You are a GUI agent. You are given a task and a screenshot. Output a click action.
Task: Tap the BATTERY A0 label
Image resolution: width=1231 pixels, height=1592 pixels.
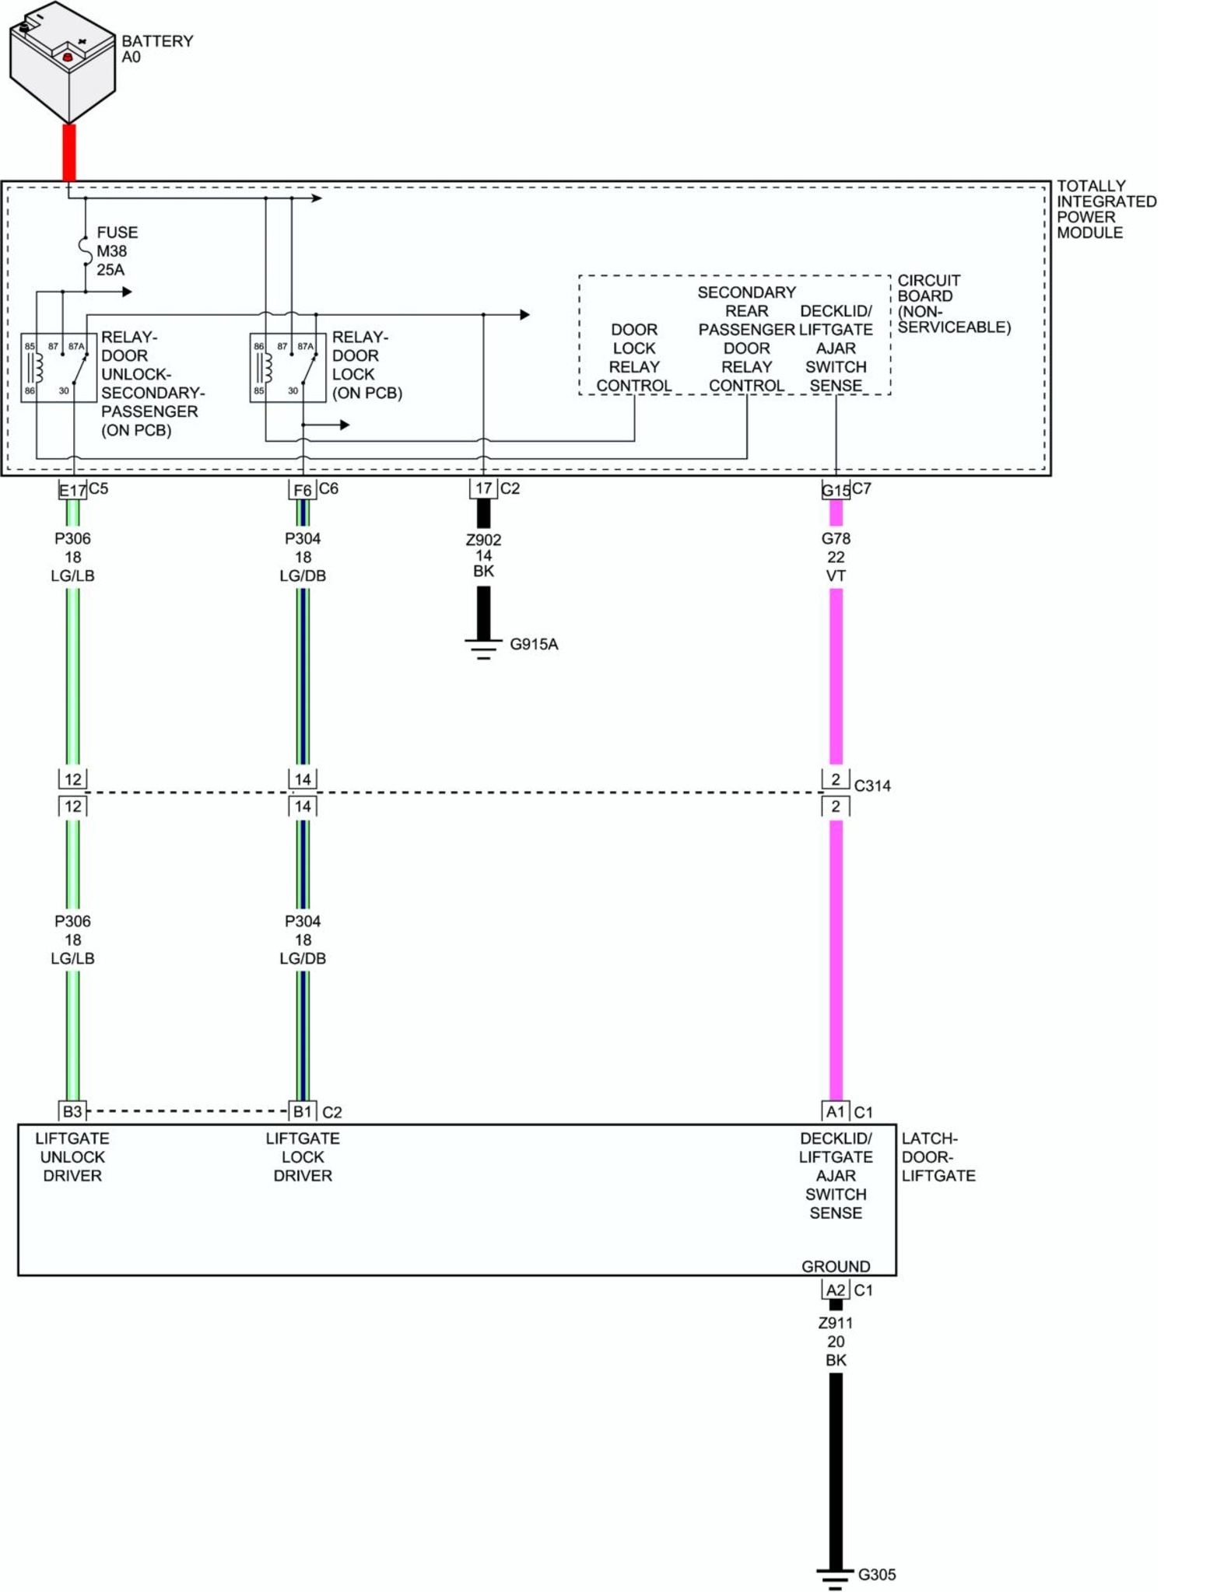pyautogui.click(x=156, y=48)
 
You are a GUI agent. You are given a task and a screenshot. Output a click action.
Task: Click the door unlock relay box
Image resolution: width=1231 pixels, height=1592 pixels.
pyautogui.click(x=58, y=367)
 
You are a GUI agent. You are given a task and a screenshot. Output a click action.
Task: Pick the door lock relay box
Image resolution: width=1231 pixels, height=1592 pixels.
pyautogui.click(x=287, y=367)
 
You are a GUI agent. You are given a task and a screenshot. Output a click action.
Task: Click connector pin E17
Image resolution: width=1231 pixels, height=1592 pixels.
pyautogui.click(x=72, y=490)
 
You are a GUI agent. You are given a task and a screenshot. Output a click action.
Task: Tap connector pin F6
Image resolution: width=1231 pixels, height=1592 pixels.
pyautogui.click(x=303, y=490)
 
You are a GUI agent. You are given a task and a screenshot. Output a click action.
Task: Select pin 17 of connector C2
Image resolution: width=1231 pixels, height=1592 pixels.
pyautogui.click(x=483, y=488)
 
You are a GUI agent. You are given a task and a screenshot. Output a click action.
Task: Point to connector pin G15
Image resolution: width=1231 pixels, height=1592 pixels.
pyautogui.click(x=836, y=490)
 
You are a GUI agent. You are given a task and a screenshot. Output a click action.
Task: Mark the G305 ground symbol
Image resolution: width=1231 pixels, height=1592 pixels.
pyautogui.click(x=835, y=1577)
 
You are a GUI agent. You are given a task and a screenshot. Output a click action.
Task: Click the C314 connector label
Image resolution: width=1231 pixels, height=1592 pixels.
pyautogui.click(x=872, y=786)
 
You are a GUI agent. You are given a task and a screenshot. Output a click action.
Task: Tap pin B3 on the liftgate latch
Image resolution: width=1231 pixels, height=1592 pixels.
pyautogui.click(x=72, y=1111)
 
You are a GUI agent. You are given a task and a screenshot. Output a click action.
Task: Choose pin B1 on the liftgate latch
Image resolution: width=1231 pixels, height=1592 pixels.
pyautogui.click(x=303, y=1111)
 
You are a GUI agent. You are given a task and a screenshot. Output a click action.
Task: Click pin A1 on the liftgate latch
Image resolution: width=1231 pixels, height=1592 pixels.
pyautogui.click(x=836, y=1111)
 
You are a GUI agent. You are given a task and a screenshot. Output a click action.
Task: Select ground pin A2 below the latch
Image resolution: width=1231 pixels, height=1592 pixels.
pyautogui.click(x=836, y=1290)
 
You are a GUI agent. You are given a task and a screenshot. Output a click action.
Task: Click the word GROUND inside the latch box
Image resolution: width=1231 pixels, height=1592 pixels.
pyautogui.click(x=836, y=1266)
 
